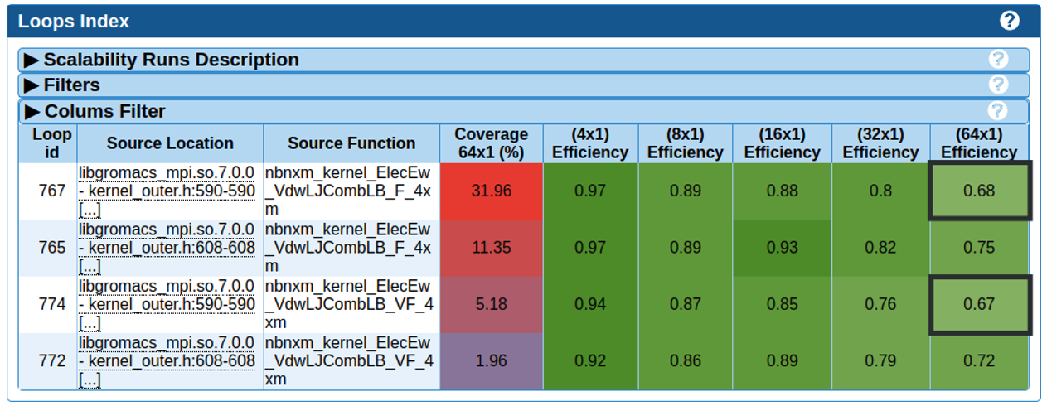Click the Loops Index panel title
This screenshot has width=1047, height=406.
click(x=74, y=22)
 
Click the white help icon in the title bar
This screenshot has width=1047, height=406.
click(x=1009, y=21)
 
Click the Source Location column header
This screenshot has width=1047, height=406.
click(x=170, y=143)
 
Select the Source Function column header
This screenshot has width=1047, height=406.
click(x=351, y=143)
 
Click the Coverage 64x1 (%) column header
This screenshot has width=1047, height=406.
click(x=491, y=143)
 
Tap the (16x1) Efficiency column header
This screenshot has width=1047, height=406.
click(x=782, y=143)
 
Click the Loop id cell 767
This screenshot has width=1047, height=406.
click(x=51, y=191)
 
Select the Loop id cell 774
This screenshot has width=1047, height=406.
click(x=51, y=304)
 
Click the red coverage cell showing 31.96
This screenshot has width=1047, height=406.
click(x=491, y=191)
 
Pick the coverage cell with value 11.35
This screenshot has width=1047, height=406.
click(x=491, y=247)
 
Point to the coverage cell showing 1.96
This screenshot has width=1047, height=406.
click(x=491, y=361)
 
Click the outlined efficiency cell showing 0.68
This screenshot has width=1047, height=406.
click(x=979, y=191)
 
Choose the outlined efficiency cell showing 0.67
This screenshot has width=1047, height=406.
click(x=979, y=304)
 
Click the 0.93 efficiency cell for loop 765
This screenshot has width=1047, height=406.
click(x=782, y=247)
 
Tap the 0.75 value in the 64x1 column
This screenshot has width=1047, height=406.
click(x=979, y=247)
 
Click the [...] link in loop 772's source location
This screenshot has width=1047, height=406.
click(x=90, y=380)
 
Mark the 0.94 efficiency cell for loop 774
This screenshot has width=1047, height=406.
click(x=590, y=304)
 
